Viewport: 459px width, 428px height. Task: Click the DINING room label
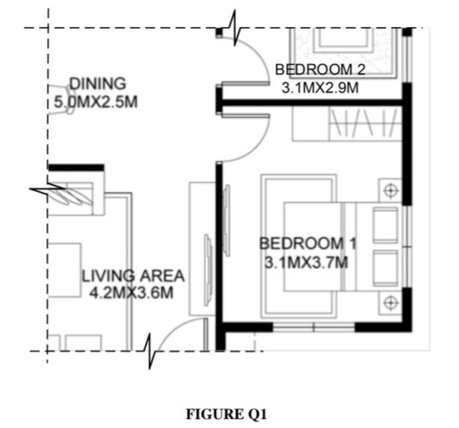97,84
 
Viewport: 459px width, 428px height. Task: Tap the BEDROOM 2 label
320,70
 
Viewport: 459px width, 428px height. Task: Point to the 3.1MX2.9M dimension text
320,88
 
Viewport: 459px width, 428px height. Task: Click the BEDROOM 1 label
307,244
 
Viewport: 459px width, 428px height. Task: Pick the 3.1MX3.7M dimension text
306,263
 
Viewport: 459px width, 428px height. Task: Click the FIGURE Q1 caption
227,415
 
